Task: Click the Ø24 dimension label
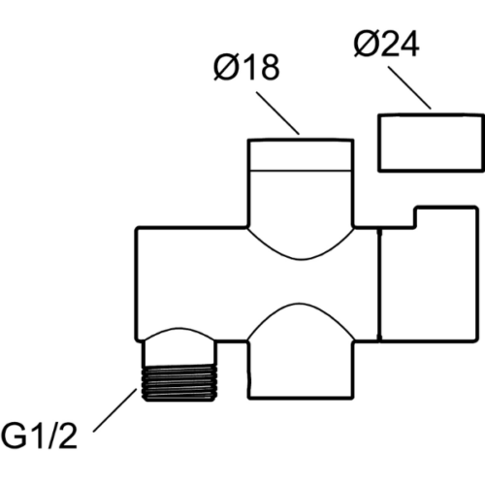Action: tap(387, 45)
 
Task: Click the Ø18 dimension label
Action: tap(246, 67)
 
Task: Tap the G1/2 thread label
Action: tap(39, 436)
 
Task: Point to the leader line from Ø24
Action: tap(409, 87)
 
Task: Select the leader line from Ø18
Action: tap(277, 113)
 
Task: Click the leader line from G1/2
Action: tap(115, 410)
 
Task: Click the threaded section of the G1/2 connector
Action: tap(179, 383)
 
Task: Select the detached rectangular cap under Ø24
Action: tap(431, 143)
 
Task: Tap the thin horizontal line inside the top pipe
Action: tap(301, 171)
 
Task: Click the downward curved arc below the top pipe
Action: tap(301, 259)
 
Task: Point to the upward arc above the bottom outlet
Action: tap(300, 304)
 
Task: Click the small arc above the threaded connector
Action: tap(178, 328)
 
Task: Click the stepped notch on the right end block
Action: tap(415, 217)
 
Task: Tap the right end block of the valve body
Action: tap(429, 274)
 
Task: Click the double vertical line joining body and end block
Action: tap(379, 284)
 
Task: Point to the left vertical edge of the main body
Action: tap(137, 284)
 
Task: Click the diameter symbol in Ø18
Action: tap(225, 67)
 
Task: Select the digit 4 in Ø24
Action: tap(409, 45)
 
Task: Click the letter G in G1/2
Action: tap(14, 436)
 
